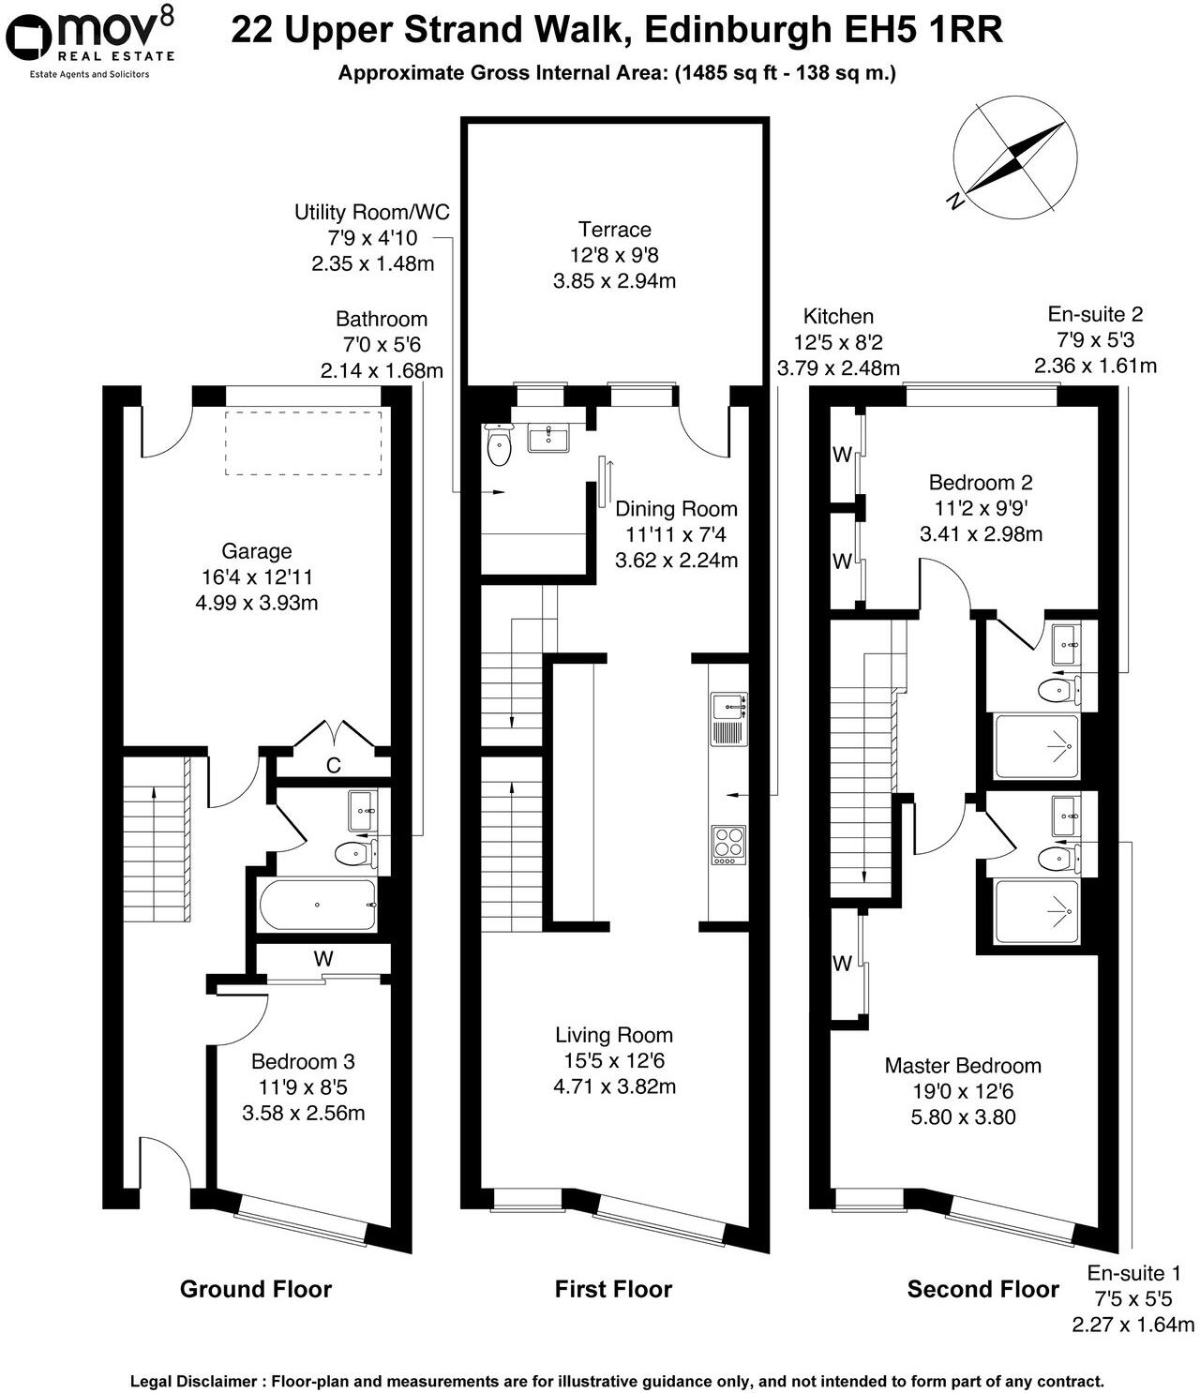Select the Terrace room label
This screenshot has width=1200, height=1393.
pos(614,230)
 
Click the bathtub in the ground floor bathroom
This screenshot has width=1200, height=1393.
pos(317,905)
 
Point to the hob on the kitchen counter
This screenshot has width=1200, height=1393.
pos(728,843)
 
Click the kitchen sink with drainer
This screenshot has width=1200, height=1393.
pos(727,718)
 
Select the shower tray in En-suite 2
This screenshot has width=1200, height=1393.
pos(1036,746)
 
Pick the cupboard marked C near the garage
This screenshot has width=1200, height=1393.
pos(333,765)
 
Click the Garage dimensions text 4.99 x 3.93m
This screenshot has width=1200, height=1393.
pos(256,603)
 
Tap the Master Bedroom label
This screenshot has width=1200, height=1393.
pos(963,1066)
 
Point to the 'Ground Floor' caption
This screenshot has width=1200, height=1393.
pos(255,1289)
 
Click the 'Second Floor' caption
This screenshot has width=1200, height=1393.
pos(982,1289)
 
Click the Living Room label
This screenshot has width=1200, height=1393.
pos(614,1035)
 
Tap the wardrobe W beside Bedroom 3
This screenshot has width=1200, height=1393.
pos(323,959)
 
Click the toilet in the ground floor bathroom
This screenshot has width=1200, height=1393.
pos(353,853)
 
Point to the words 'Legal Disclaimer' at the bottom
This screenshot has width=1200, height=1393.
pos(192,1381)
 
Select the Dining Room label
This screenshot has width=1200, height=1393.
pos(676,509)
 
